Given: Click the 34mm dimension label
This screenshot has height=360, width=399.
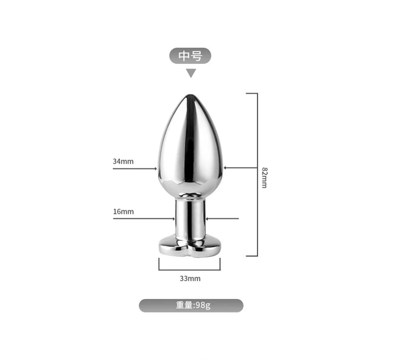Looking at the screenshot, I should (x=123, y=162).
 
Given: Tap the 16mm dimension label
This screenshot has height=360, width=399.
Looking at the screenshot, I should (x=123, y=211).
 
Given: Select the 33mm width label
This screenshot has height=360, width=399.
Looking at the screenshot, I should (x=190, y=278).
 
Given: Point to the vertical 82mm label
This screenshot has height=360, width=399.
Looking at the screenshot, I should (x=264, y=177).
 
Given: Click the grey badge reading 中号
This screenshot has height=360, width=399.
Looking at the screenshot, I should (x=190, y=56).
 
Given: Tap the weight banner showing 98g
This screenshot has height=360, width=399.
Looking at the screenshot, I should (x=191, y=306).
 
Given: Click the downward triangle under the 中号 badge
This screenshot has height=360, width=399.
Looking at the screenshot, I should (x=191, y=73).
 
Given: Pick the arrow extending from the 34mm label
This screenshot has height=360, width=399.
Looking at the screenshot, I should (x=135, y=169).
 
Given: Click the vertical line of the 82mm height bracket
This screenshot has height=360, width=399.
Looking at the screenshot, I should (x=257, y=175).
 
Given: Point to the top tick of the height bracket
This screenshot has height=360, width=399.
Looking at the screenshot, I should (x=251, y=93).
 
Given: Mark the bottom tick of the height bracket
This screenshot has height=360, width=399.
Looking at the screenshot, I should (x=251, y=256).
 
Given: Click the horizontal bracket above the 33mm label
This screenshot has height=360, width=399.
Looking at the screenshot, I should (x=190, y=269).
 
